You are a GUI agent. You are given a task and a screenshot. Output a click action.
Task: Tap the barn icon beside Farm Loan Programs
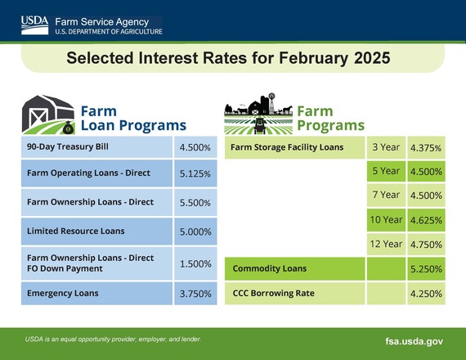[x=47, y=115]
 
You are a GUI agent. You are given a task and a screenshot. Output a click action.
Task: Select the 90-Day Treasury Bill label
[x=68, y=148]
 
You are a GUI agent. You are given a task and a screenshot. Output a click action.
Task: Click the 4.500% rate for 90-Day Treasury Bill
[x=195, y=148]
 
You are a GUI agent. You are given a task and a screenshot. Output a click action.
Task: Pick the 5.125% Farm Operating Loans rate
[x=195, y=174]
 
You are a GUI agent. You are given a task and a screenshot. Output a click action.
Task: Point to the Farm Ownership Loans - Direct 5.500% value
[x=195, y=202]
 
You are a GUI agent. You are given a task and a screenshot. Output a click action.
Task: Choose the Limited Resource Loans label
[x=68, y=232]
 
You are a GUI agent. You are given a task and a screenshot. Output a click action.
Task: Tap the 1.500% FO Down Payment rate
[x=195, y=263]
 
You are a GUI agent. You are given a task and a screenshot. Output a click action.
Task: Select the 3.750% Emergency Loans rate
[x=195, y=293]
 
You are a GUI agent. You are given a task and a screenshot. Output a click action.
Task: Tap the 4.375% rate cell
[x=425, y=148]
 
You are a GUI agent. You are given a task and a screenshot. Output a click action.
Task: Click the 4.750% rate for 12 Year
[x=425, y=244]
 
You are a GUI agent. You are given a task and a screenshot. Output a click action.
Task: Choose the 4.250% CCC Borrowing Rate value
[x=425, y=293]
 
